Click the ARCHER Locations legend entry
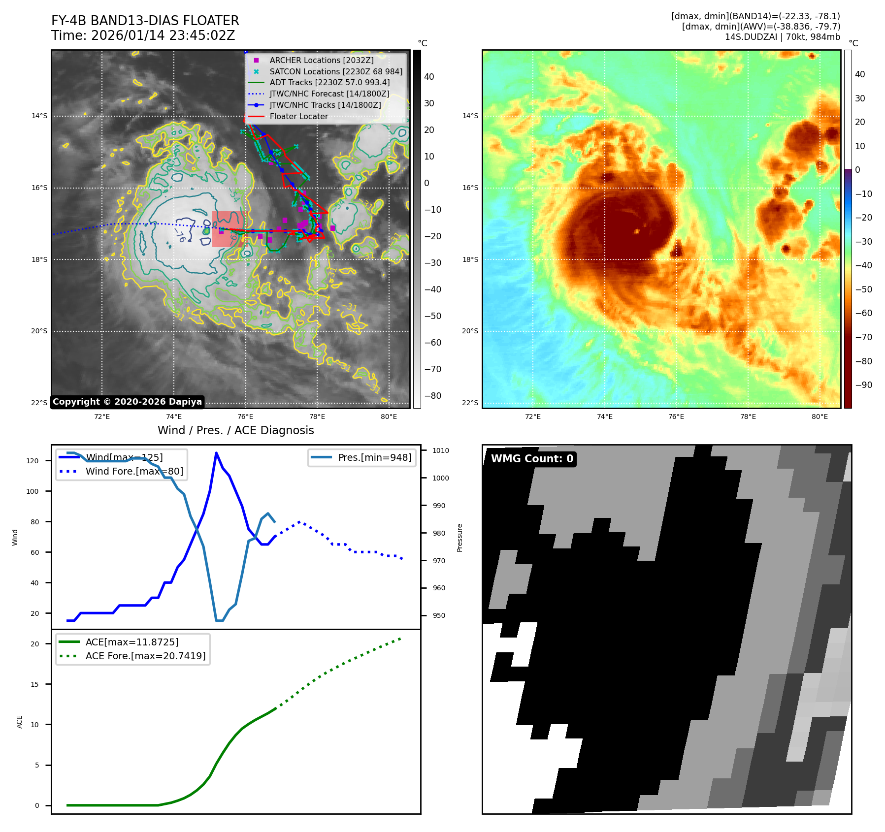(321, 60)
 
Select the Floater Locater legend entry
(298, 117)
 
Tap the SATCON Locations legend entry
(335, 71)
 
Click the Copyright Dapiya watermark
(127, 402)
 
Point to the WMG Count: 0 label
(532, 459)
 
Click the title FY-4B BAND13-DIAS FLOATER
(145, 21)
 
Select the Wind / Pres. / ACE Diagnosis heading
(235, 430)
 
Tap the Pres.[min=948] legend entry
(374, 457)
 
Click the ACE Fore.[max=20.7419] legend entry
(145, 656)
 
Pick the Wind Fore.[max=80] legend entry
(134, 471)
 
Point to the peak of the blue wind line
(216, 452)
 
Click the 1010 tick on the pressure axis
(440, 450)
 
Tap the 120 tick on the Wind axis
(33, 461)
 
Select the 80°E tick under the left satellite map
(389, 417)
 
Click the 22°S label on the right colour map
(470, 403)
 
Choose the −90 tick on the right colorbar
(863, 385)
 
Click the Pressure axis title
(459, 538)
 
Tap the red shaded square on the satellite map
(228, 229)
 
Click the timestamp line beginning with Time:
(143, 35)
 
